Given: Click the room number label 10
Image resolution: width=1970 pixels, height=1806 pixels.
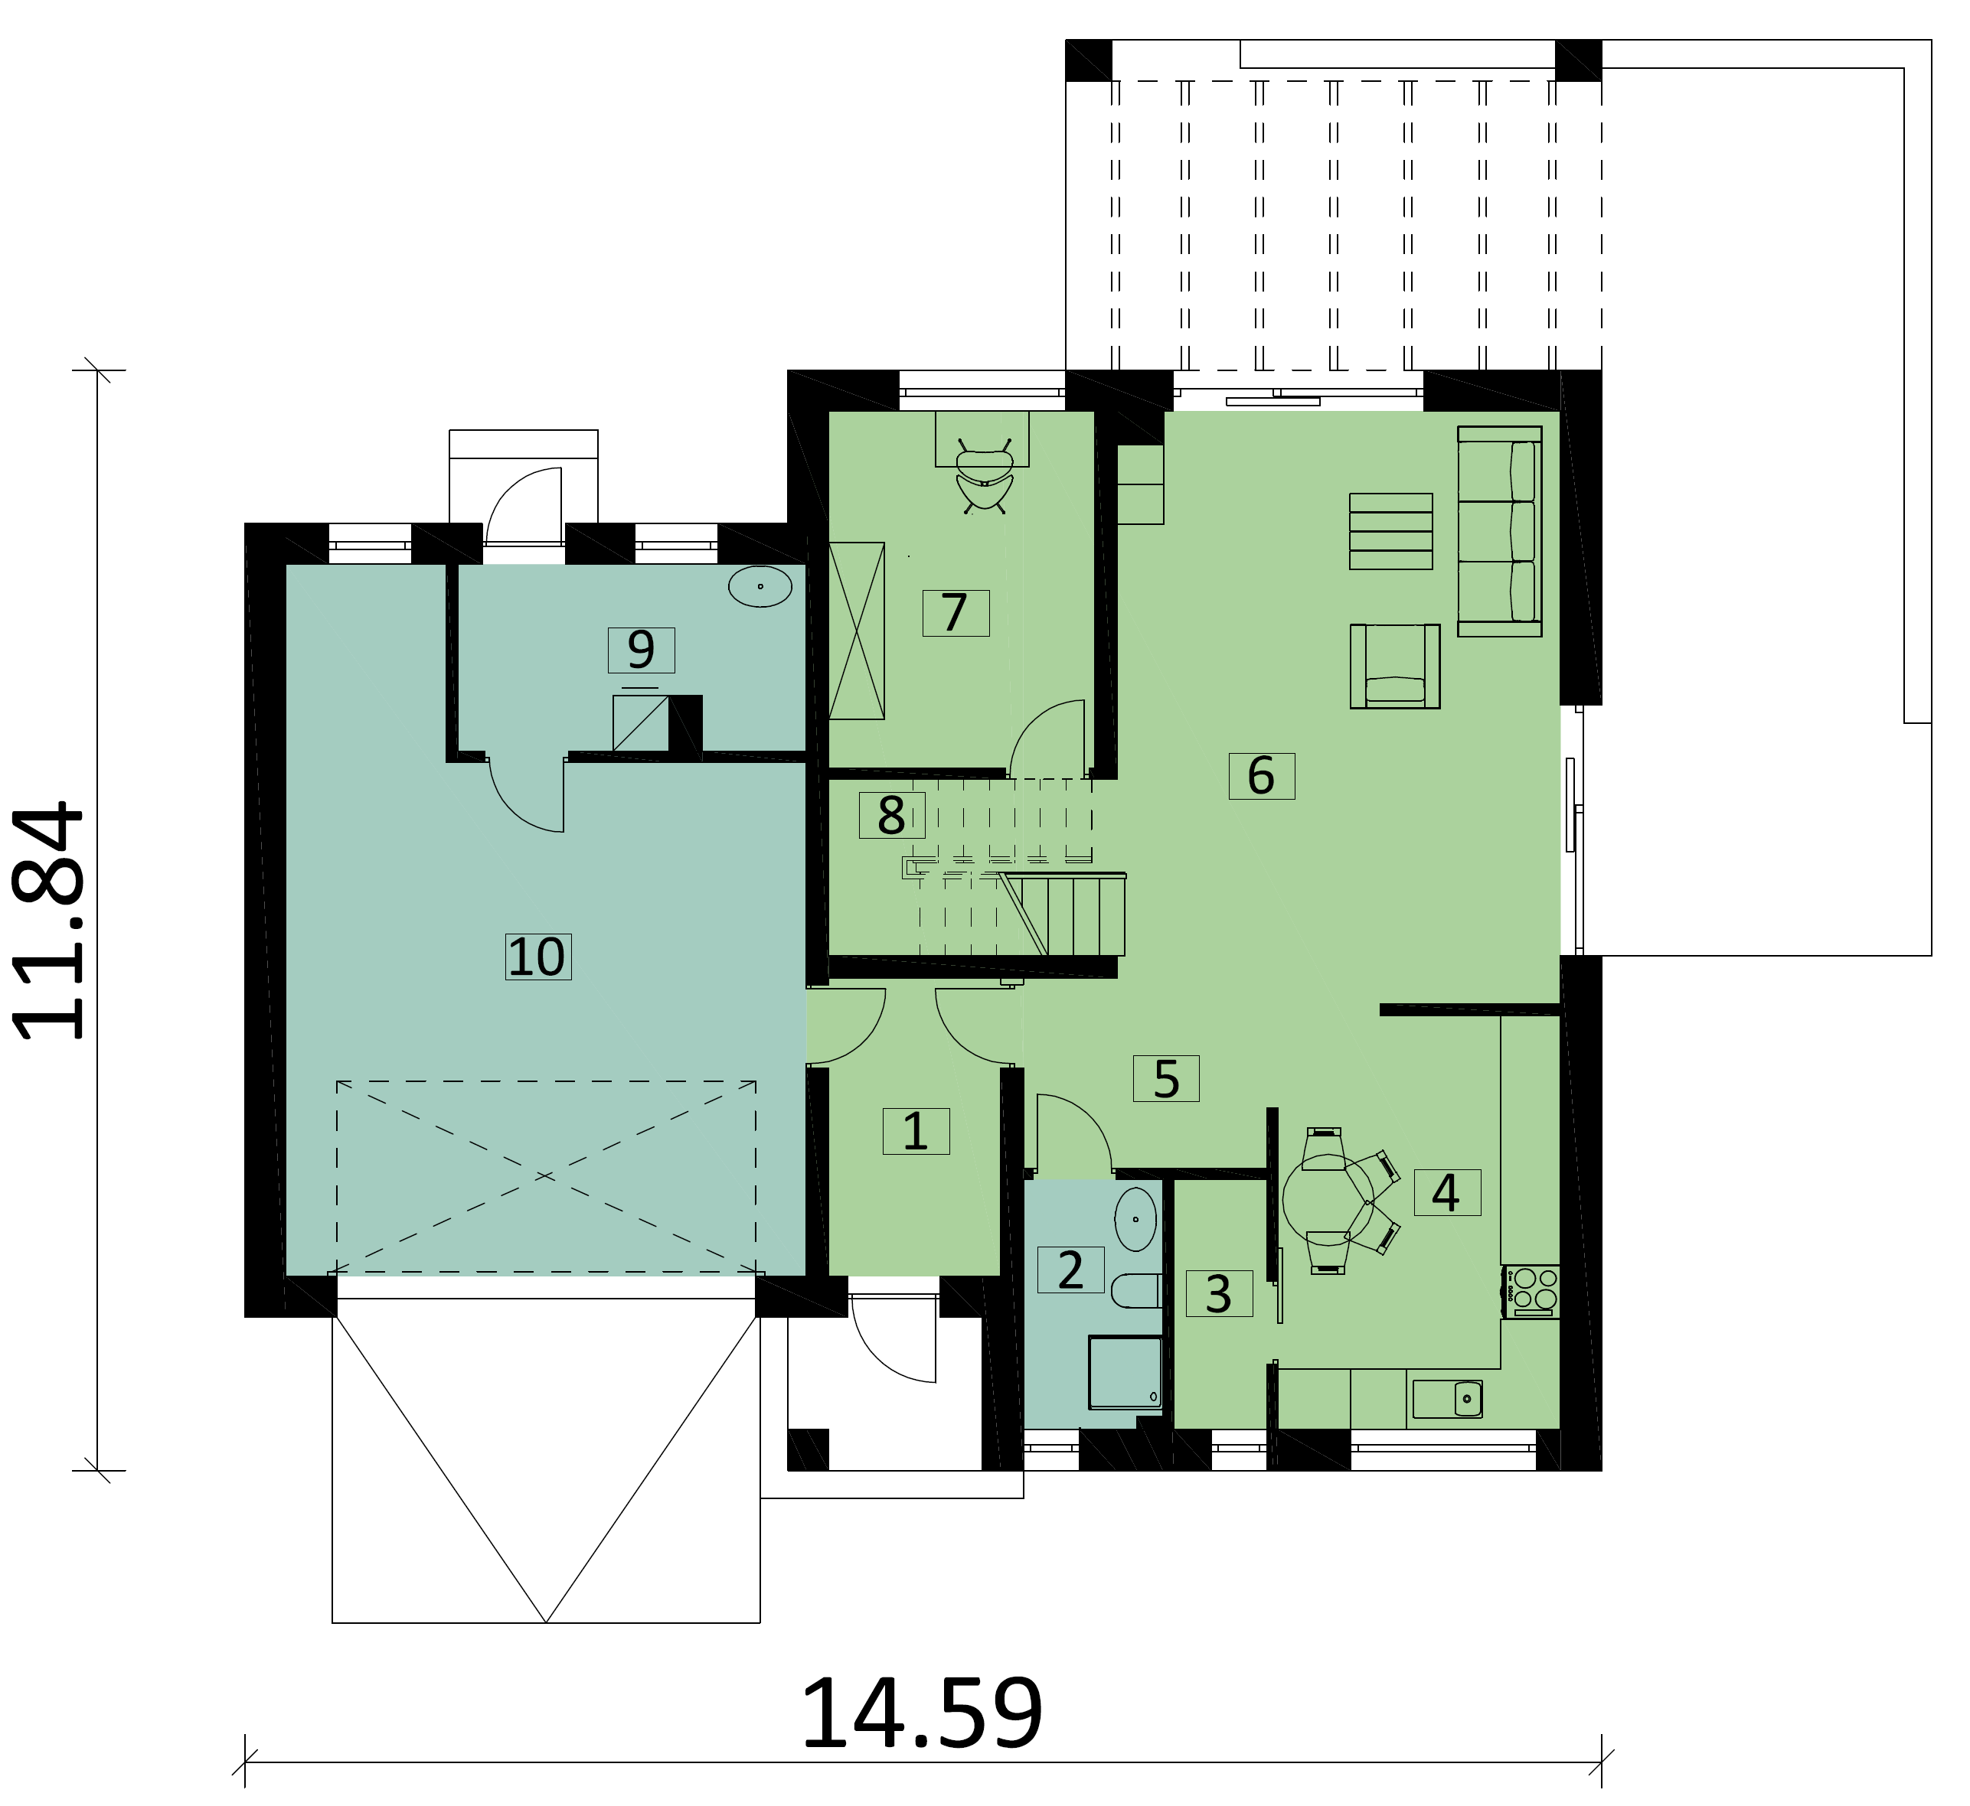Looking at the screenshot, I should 537,956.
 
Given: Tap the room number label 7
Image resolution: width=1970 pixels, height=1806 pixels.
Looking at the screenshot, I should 956,613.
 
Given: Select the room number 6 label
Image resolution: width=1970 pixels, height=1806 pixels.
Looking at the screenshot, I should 1261,776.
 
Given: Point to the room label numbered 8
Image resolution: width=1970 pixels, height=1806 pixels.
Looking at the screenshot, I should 890,815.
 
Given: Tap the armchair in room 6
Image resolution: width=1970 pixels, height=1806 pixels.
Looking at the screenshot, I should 1394,667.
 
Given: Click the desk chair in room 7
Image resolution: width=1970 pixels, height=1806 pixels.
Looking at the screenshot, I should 984,480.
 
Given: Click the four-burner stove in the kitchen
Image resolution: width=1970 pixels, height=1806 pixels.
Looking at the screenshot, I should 1533,1290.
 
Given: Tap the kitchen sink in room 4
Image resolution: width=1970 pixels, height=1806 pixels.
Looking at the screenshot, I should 1447,1398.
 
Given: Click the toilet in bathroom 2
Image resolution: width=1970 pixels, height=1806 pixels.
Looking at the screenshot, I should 1135,1291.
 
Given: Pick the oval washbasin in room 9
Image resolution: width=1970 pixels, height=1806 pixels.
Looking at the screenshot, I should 760,586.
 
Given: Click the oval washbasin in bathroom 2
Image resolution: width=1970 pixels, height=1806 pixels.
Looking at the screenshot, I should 1135,1220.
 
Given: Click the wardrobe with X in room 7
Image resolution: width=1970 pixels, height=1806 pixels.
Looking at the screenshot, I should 857,631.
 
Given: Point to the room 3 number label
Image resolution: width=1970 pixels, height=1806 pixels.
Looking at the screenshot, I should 1218,1294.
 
